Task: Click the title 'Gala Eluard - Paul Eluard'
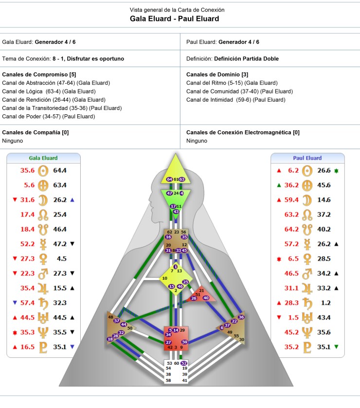click(x=174, y=19)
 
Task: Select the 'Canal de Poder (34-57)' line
click(x=42, y=116)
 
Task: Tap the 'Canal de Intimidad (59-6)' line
click(x=236, y=100)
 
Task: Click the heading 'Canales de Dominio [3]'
click(x=217, y=74)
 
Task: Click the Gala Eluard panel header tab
click(x=43, y=158)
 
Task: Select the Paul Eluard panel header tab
click(x=307, y=158)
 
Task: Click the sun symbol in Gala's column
click(x=44, y=171)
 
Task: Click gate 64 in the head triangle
click(x=169, y=179)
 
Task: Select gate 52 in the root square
click(x=184, y=363)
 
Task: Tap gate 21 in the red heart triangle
click(x=201, y=290)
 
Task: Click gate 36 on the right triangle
click(x=241, y=317)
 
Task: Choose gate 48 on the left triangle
click(x=111, y=317)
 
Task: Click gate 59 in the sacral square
click(x=185, y=342)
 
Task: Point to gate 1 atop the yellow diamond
click(x=176, y=266)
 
